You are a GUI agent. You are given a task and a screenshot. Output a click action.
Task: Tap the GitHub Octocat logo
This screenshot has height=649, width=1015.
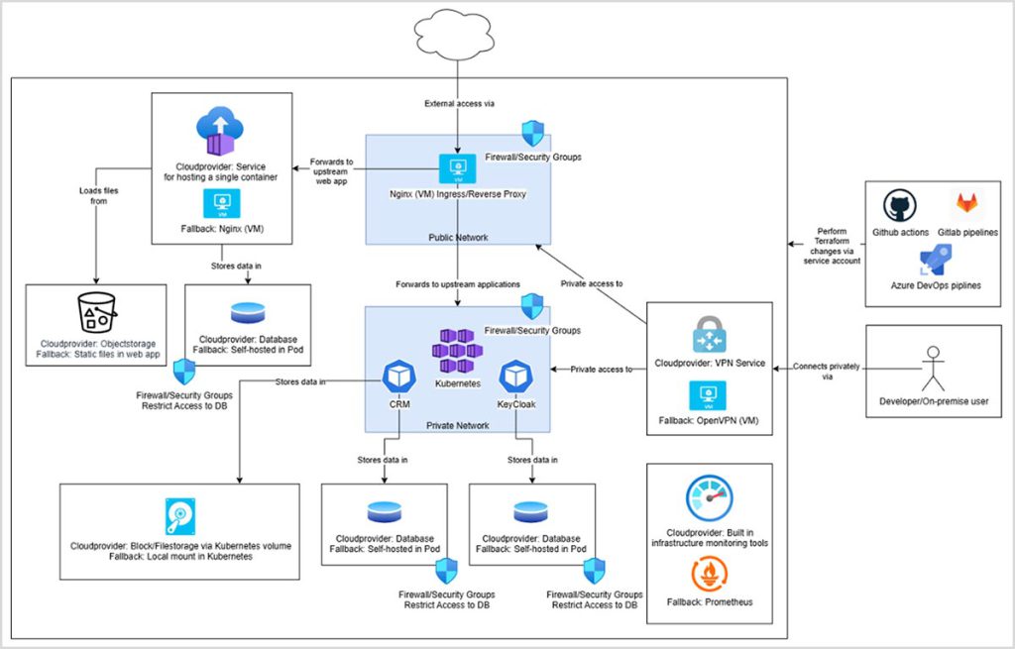[x=899, y=205]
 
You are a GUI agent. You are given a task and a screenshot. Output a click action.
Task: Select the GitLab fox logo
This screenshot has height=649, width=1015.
[x=966, y=204]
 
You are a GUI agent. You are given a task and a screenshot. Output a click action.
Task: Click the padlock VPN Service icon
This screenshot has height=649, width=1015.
[x=710, y=334]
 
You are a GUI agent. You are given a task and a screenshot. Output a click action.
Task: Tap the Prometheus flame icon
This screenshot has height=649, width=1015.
[x=709, y=573]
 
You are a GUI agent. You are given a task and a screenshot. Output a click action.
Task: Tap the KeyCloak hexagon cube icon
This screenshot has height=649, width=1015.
[x=516, y=378]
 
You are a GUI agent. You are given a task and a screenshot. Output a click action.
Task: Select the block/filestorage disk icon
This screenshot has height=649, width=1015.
[x=180, y=516]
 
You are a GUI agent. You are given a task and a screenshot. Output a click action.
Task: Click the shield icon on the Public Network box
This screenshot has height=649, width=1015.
[x=533, y=134]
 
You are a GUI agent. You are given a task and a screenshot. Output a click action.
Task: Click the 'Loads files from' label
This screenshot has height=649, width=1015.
[x=95, y=194]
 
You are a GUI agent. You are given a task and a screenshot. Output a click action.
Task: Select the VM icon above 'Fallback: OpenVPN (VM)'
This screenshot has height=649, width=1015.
[x=709, y=394]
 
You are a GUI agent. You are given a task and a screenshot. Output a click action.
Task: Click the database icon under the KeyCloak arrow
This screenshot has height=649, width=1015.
[x=530, y=512]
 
